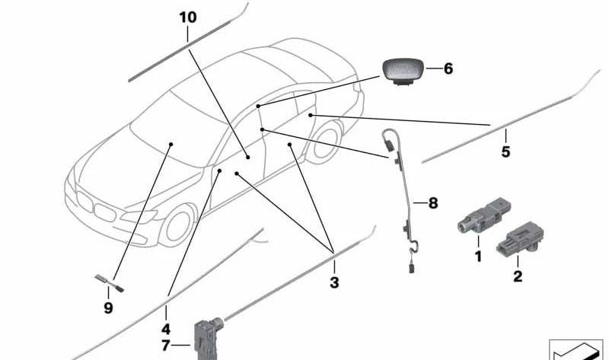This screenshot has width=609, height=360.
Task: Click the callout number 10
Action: tap(188, 17)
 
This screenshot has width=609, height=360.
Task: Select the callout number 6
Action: tap(448, 68)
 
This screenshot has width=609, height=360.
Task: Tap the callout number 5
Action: tap(505, 151)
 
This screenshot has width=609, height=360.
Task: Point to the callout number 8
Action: tap(433, 202)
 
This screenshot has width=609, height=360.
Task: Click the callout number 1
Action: tap(478, 256)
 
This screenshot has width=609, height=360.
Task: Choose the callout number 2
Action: tap(518, 276)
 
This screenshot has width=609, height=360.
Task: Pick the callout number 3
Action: tap(334, 282)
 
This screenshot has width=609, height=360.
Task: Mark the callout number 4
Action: tap(166, 329)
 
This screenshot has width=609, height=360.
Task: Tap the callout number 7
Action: tap(166, 346)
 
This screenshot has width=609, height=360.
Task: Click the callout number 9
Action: tap(108, 308)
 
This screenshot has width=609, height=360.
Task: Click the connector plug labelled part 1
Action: tap(483, 215)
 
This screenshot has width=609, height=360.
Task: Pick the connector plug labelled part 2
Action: tap(521, 239)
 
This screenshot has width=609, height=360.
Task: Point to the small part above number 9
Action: tap(109, 283)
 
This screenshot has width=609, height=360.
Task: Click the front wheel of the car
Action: tap(178, 225)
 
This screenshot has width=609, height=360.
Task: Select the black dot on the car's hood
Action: tap(171, 144)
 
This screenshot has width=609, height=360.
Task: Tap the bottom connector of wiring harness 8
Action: tap(412, 268)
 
